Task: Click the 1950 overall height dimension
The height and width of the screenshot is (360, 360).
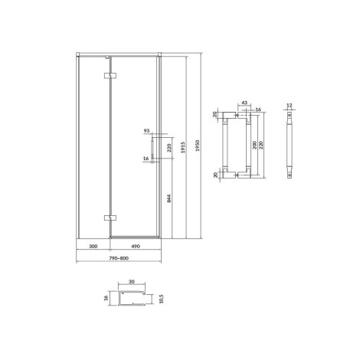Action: tap(198, 146)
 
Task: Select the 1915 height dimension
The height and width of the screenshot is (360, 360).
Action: tap(183, 148)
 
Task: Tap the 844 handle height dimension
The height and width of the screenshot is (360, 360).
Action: tap(169, 198)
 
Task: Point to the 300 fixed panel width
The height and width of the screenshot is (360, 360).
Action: tap(93, 246)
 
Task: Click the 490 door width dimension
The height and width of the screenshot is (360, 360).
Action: tap(136, 246)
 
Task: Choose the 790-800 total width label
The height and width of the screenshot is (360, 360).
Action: tap(119, 258)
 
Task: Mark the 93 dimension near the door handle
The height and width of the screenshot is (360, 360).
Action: tap(146, 131)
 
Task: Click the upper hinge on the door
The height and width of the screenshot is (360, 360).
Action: tap(110, 76)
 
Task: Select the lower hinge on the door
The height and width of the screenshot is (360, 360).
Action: tap(110, 218)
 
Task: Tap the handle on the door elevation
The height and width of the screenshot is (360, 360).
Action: tap(152, 148)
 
